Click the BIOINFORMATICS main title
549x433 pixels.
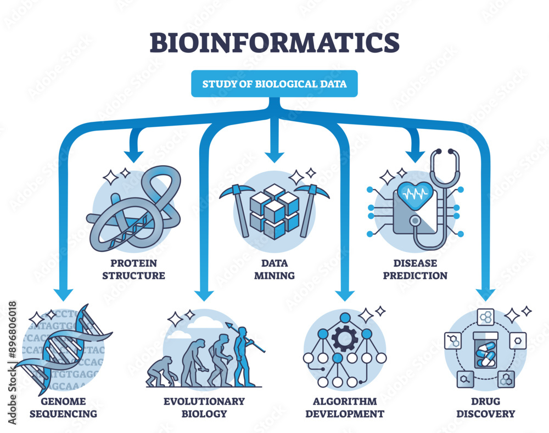[274, 42]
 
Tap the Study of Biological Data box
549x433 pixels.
[274, 84]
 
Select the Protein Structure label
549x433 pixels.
[133, 269]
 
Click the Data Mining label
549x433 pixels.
[274, 269]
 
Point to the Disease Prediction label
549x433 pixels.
[415, 269]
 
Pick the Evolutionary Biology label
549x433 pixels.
[204, 407]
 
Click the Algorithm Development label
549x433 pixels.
[344, 407]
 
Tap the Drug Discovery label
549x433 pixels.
[485, 407]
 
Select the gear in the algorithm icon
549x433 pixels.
[344, 338]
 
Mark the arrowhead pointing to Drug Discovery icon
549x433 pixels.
[485, 294]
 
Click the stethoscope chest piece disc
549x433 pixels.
[416, 221]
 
